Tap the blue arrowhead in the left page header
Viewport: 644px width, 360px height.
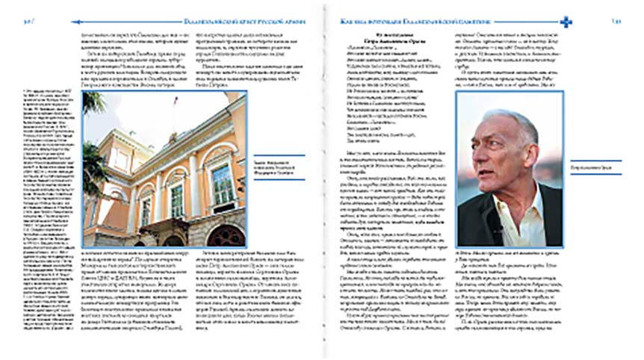pyautogui.click(x=74, y=22)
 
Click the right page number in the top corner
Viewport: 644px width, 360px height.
pyautogui.click(x=616, y=22)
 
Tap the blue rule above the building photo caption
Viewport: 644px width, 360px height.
pyautogui.click(x=280, y=155)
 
